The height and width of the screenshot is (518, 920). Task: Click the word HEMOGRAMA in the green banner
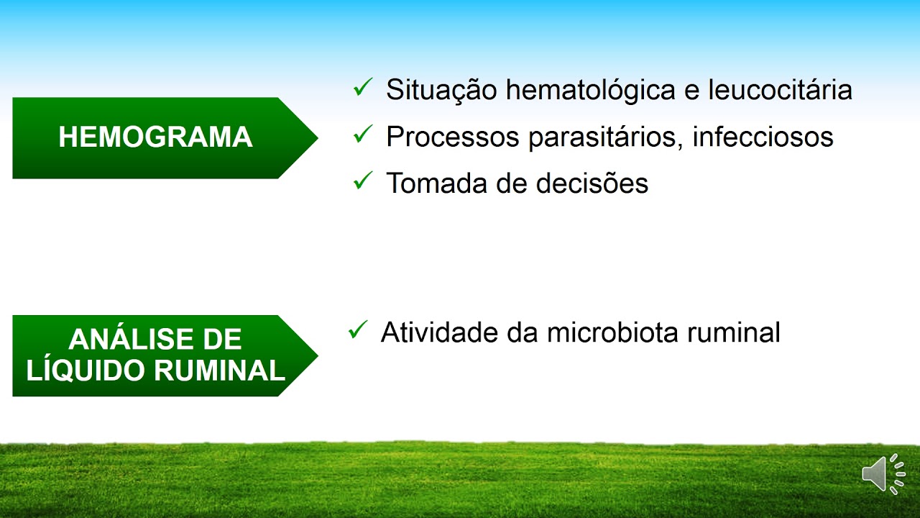155,137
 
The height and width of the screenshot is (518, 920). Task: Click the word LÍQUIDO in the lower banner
86,371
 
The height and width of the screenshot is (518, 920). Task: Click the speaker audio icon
883,473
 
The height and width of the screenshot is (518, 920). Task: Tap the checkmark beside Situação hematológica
362,88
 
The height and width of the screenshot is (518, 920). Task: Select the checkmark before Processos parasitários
362,135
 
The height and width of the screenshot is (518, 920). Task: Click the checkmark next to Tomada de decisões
362,181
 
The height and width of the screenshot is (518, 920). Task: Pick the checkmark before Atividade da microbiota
357,330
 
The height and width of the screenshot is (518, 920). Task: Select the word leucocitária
780,90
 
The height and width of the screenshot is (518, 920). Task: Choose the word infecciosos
763,137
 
